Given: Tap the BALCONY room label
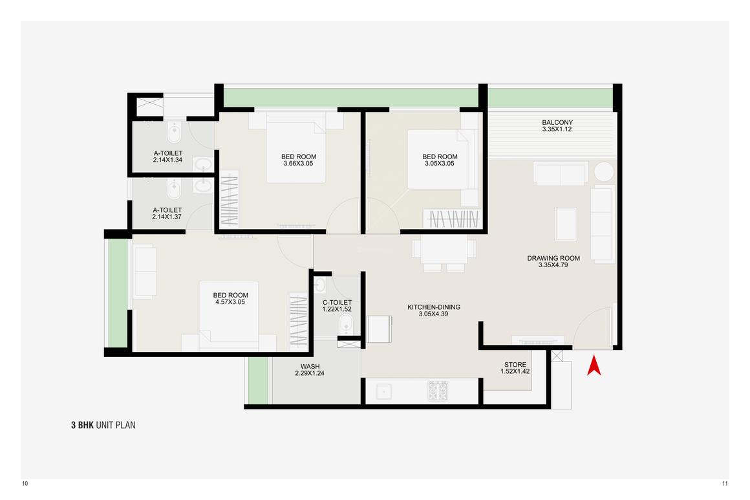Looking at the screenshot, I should click(557, 123).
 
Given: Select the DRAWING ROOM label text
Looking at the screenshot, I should click(553, 258).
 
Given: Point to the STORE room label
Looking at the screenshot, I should click(515, 365).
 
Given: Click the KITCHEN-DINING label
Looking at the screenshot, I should click(433, 307).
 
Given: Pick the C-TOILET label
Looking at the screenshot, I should click(337, 302).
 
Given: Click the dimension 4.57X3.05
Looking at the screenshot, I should click(230, 302).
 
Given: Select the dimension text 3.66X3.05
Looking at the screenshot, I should click(299, 164).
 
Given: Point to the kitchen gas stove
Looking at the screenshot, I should click(438, 391).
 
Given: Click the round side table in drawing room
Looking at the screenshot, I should click(605, 173).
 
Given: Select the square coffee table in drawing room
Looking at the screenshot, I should click(566, 223).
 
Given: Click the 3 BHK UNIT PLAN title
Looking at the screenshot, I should click(103, 425).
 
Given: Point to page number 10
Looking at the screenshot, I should click(25, 484).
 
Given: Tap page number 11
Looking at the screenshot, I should click(725, 484).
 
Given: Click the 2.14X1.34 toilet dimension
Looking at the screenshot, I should click(167, 160).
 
